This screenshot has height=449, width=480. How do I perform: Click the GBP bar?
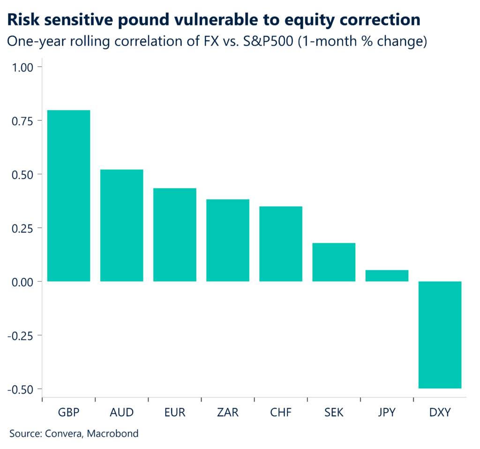point(68,196)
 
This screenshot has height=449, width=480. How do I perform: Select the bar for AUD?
point(121,225)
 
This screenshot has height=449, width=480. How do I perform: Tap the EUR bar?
point(174,235)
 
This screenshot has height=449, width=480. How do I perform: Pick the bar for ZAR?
point(227,240)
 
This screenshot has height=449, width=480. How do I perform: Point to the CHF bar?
point(280,244)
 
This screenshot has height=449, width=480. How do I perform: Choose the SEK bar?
point(333,262)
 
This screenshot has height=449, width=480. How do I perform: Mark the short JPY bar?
point(386,276)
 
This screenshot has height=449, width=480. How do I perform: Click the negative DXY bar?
point(440,335)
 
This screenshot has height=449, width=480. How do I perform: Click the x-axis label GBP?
point(68,412)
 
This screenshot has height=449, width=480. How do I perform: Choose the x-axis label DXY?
point(440,412)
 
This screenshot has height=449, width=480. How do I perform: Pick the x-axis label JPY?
point(386,412)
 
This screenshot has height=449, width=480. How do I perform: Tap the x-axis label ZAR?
point(227,412)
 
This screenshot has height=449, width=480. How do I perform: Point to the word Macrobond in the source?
point(114,434)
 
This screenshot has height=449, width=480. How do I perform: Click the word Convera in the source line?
point(63,434)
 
